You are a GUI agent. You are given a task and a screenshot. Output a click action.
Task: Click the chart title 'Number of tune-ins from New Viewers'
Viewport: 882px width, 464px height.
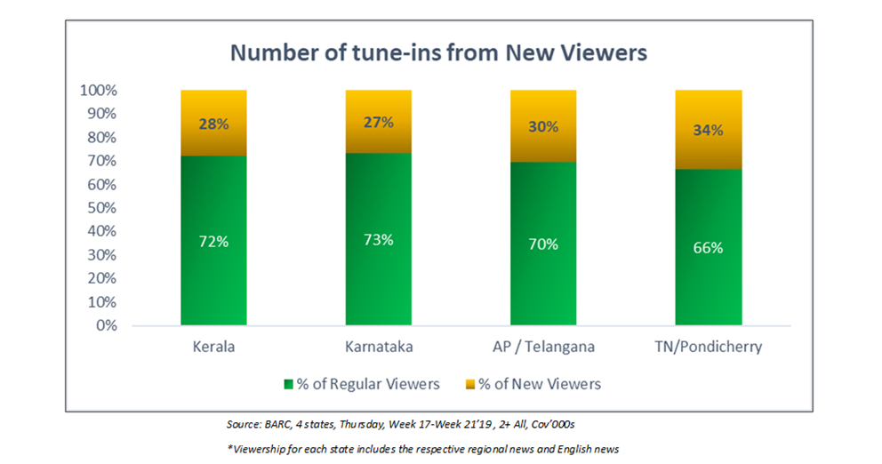pyautogui.click(x=439, y=52)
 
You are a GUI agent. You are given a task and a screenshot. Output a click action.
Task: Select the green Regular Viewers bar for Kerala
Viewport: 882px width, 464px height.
pyautogui.click(x=213, y=267)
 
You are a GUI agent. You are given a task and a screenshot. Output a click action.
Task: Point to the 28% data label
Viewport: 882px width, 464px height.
pyautogui.click(x=213, y=124)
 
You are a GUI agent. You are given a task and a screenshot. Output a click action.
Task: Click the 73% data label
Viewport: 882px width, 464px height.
pyautogui.click(x=378, y=241)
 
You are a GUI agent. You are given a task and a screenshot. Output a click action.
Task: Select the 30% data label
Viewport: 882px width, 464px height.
pyautogui.click(x=543, y=127)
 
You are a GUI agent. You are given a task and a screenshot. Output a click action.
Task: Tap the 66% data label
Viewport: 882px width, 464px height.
pyautogui.click(x=708, y=248)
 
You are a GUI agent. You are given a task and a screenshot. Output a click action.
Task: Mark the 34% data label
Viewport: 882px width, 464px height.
pyautogui.click(x=708, y=131)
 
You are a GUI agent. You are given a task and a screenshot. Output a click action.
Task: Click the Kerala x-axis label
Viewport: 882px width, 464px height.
pyautogui.click(x=213, y=347)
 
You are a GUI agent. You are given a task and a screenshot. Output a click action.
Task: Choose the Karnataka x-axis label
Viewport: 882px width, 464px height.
pyautogui.click(x=378, y=347)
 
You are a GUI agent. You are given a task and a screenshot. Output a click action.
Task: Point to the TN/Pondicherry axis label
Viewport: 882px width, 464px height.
pyautogui.click(x=708, y=347)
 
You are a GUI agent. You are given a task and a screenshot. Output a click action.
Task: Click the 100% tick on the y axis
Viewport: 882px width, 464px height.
pyautogui.click(x=98, y=91)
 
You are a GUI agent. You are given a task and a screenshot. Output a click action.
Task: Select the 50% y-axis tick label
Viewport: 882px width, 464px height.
pyautogui.click(x=101, y=208)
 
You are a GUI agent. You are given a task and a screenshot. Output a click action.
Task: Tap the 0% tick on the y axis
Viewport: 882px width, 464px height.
pyautogui.click(x=105, y=325)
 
